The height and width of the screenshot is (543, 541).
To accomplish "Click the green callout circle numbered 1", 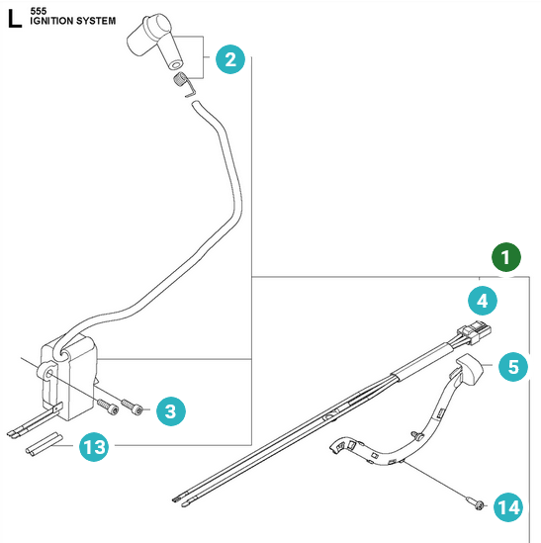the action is coord(506,257).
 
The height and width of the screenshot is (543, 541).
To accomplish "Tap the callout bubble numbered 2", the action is coord(230,59).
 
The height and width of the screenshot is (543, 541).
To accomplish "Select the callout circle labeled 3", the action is coord(171,411).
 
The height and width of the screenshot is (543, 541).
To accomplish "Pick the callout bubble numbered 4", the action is coord(483,301).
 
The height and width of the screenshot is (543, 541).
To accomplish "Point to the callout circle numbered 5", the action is coord(513,367).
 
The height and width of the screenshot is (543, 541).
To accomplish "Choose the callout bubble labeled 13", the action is coord(94,447).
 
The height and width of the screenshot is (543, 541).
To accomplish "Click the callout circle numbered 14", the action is coord(508,507).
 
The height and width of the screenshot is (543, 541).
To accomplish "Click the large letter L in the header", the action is coord(15,19).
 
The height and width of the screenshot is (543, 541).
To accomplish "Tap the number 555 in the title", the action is coord(39,11).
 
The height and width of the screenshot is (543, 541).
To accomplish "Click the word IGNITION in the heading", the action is coord(51,21).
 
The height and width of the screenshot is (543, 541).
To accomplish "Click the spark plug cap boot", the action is coord(155,40).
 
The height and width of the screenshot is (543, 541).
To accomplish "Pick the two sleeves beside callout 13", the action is coord(44,444).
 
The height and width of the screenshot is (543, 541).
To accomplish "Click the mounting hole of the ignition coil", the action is coord(48,373).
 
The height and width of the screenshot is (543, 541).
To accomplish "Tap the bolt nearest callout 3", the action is coord(132,407).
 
